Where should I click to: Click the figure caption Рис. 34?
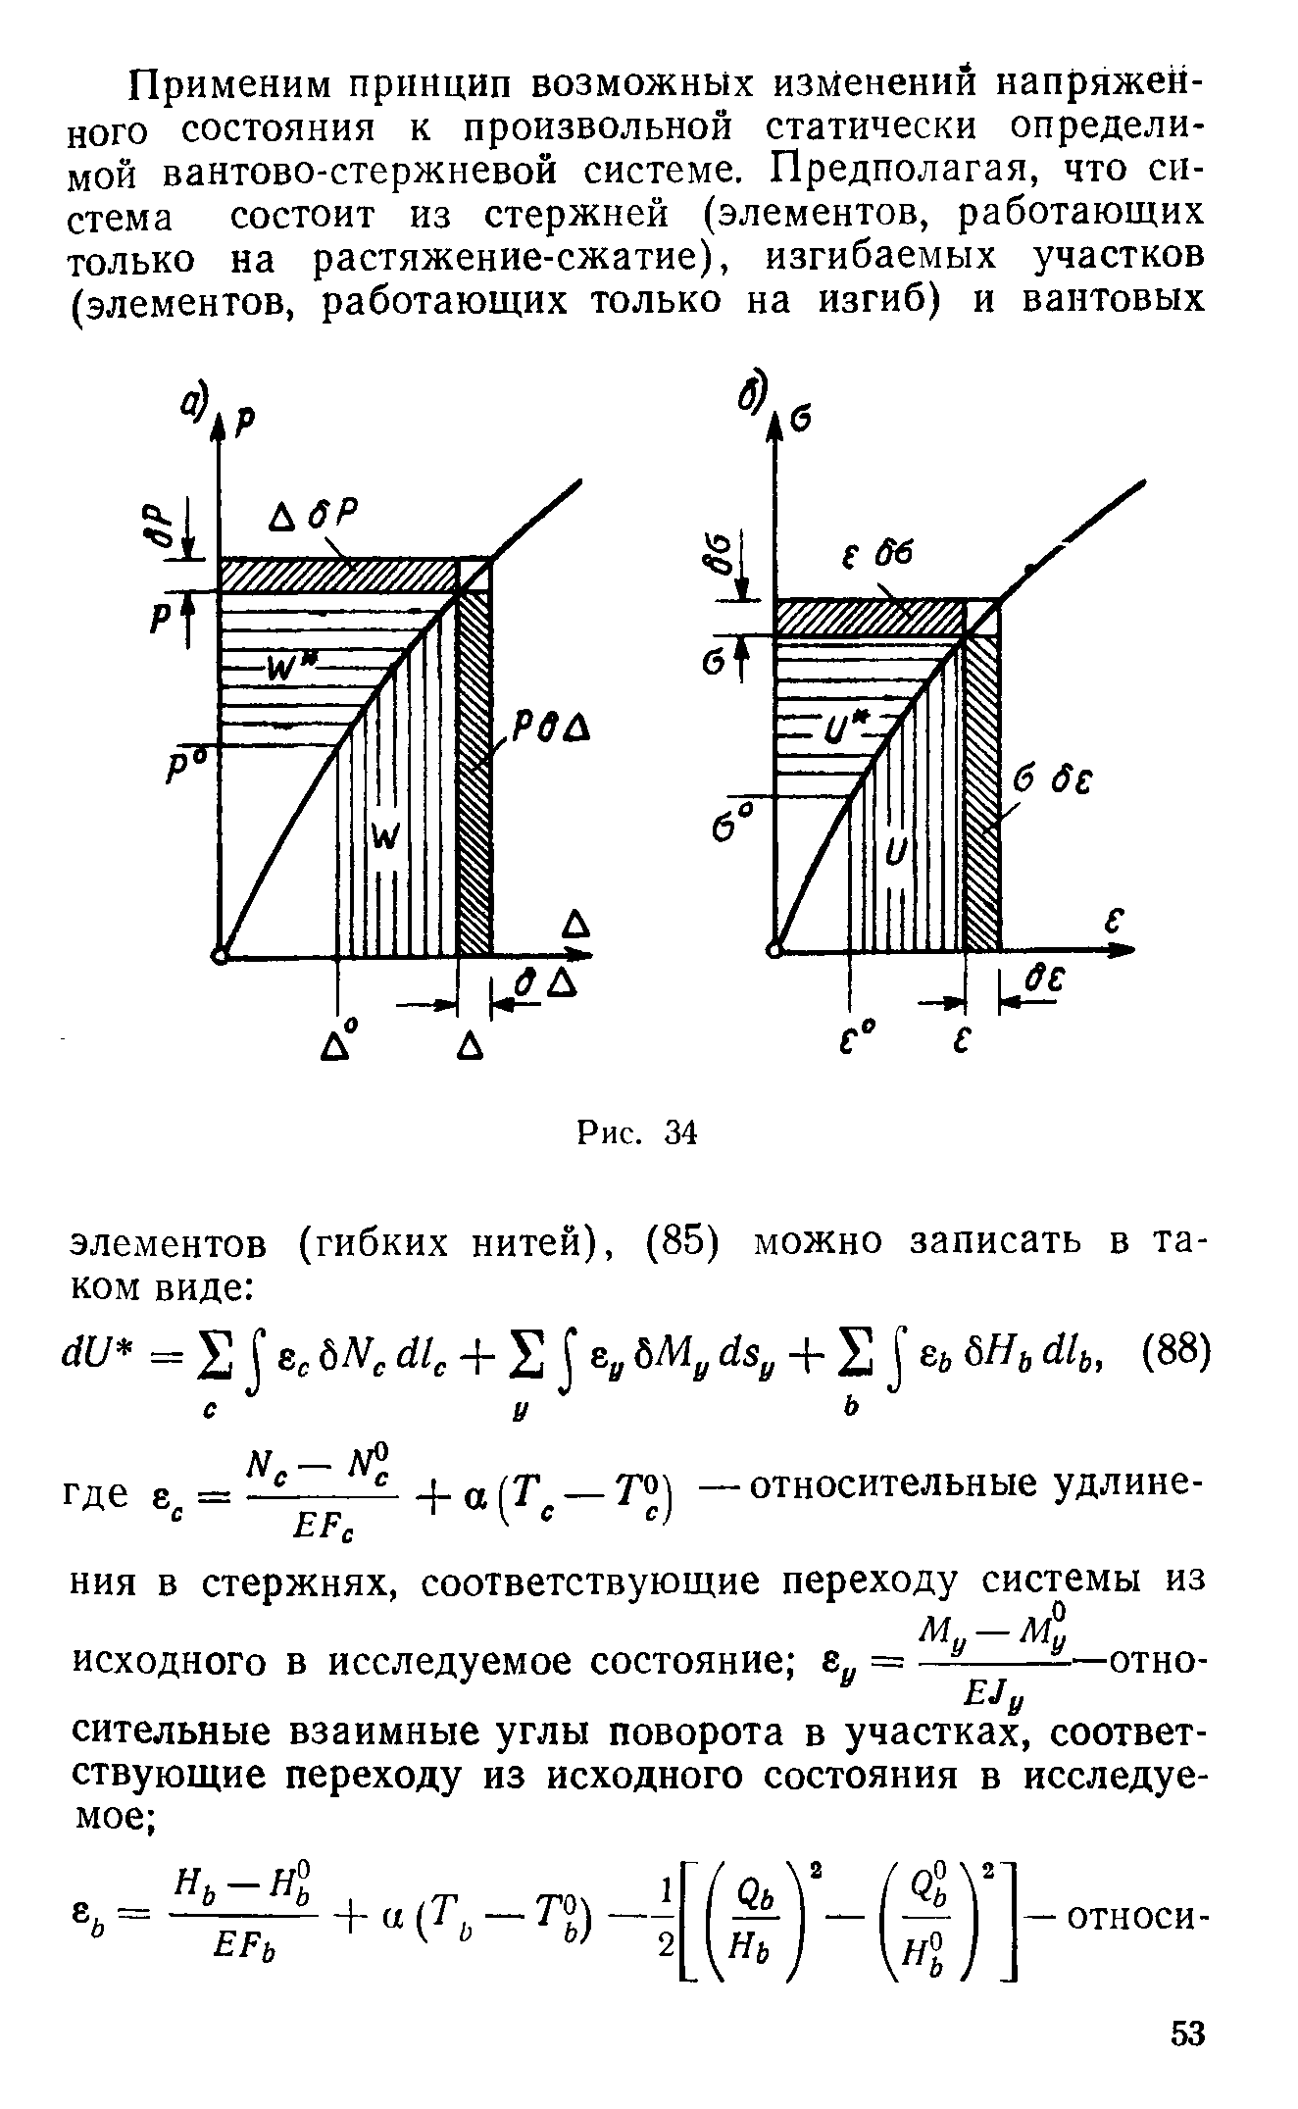click(x=636, y=1133)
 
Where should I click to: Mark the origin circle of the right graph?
click(x=775, y=949)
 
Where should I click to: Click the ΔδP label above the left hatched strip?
click(x=312, y=516)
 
